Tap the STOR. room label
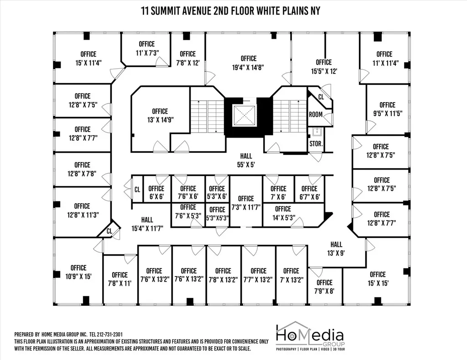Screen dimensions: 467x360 pyautogui.click(x=316, y=144)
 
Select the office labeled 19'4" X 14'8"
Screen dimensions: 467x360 pyautogui.click(x=249, y=63)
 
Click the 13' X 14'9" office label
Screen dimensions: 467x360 pyautogui.click(x=160, y=115)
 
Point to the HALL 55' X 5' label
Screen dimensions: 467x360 pyautogui.click(x=246, y=160)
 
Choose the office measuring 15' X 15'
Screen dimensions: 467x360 pyautogui.click(x=378, y=279)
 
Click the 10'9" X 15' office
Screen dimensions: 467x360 pyautogui.click(x=78, y=272)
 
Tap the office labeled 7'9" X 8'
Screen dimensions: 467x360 pyautogui.click(x=324, y=287)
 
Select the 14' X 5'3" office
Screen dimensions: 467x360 pyautogui.click(x=283, y=213)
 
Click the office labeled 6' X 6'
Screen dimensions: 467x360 pyautogui.click(x=156, y=192)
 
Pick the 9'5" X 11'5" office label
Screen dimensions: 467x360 pyautogui.click(x=388, y=109)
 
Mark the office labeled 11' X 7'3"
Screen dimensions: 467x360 pyautogui.click(x=147, y=48)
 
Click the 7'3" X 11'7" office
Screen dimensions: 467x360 pyautogui.click(x=246, y=203)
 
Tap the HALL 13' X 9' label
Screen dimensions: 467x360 pyautogui.click(x=336, y=249)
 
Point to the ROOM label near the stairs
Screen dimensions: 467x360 pyautogui.click(x=316, y=114)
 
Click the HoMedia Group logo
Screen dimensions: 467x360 pyautogui.click(x=310, y=336)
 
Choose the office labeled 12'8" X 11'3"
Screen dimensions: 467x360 pyautogui.click(x=82, y=211)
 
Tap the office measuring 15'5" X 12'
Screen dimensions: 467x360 pyautogui.click(x=324, y=67)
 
